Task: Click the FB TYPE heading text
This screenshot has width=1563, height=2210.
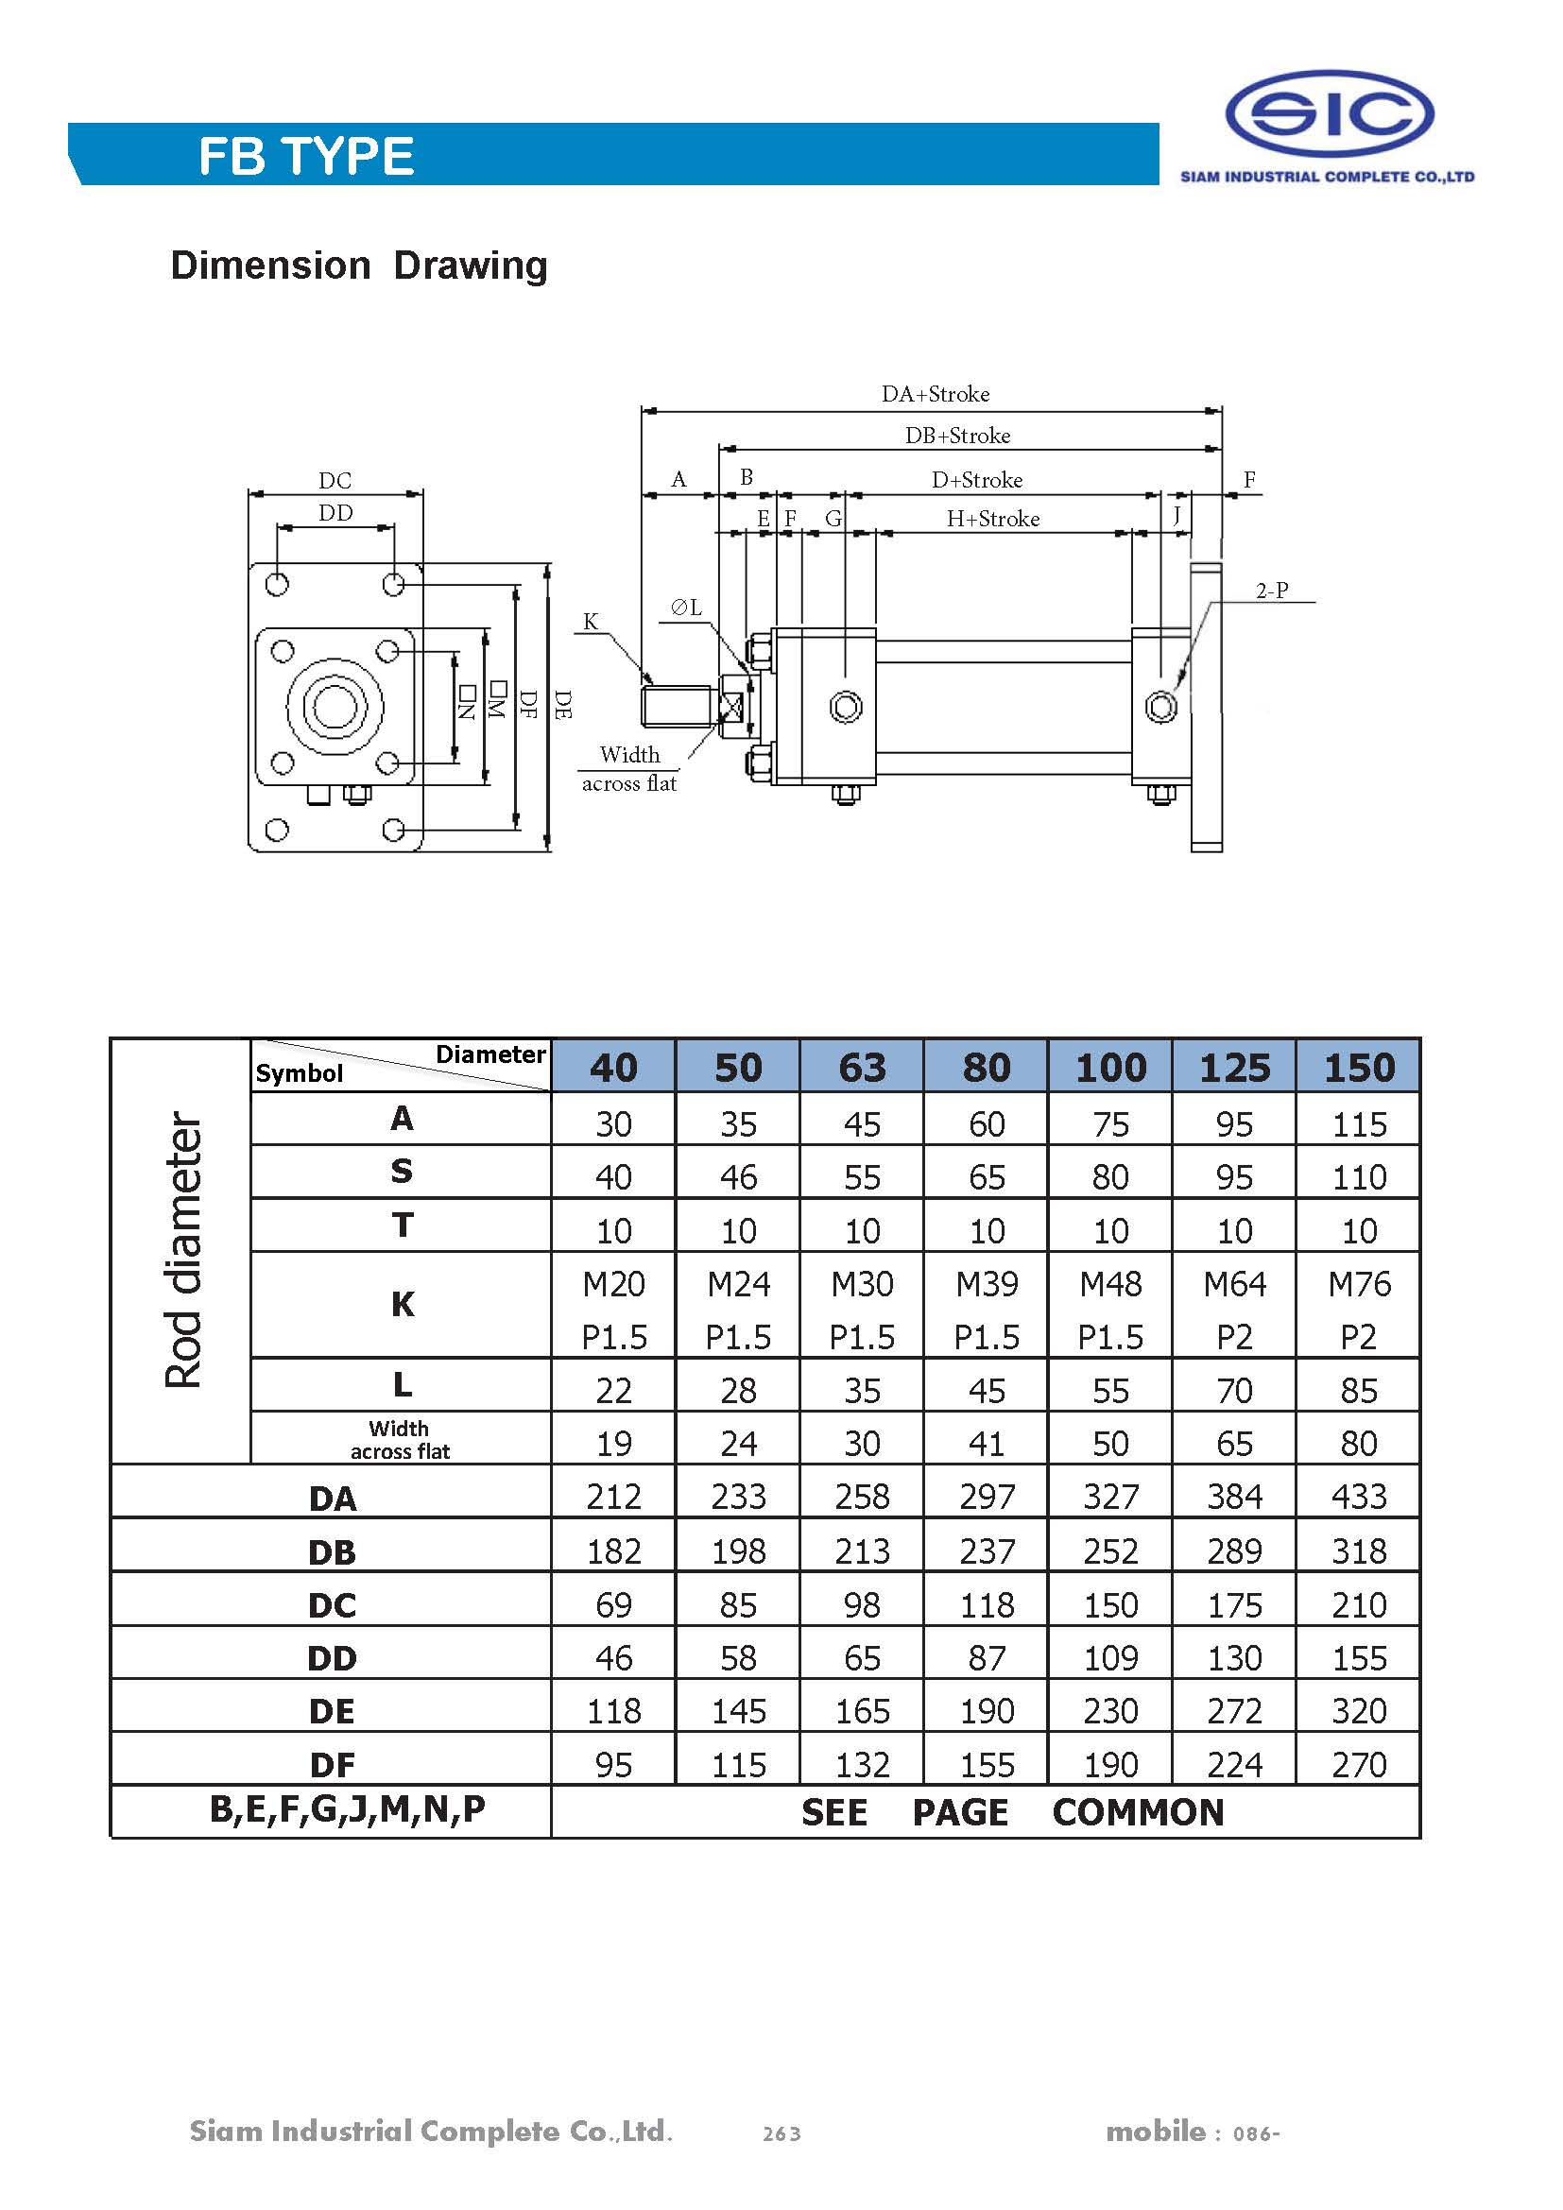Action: click(x=306, y=156)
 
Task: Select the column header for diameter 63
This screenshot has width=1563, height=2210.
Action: click(x=862, y=1068)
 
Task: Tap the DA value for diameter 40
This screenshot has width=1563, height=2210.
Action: click(x=613, y=1497)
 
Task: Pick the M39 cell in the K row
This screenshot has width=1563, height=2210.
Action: click(x=987, y=1284)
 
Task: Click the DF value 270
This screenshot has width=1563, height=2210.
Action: click(x=1358, y=1764)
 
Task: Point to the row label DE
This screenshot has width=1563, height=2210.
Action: click(x=332, y=1711)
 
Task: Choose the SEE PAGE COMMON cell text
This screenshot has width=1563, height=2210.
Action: click(x=1012, y=1812)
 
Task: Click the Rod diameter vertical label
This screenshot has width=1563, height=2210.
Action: click(x=183, y=1250)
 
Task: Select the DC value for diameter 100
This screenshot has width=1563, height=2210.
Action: click(x=1110, y=1604)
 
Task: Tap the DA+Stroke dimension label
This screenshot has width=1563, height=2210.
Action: click(x=936, y=394)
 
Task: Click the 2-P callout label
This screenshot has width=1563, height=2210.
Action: click(x=1271, y=590)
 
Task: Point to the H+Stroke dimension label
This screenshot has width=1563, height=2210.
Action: click(x=992, y=519)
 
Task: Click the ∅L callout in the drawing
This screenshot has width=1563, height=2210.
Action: click(x=686, y=608)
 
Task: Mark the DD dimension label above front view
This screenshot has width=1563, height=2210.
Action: click(x=335, y=513)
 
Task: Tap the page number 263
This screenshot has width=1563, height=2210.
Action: click(x=781, y=2134)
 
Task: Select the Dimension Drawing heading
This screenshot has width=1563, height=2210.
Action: click(x=358, y=266)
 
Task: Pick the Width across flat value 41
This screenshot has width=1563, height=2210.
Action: click(x=987, y=1444)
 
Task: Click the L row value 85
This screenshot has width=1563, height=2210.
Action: click(x=1358, y=1391)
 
